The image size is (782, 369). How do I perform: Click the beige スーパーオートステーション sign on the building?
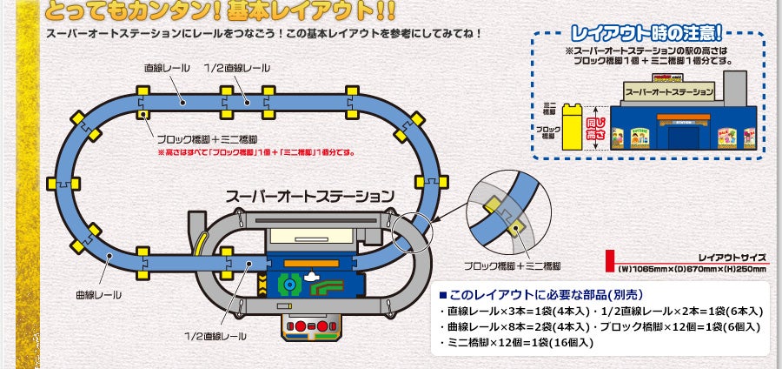pyautogui.click(x=668, y=91)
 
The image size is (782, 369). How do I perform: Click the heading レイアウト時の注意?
pyautogui.click(x=651, y=34)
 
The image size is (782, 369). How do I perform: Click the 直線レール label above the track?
pyautogui.click(x=165, y=68)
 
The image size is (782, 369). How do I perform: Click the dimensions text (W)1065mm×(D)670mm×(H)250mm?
pyautogui.click(x=691, y=269)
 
